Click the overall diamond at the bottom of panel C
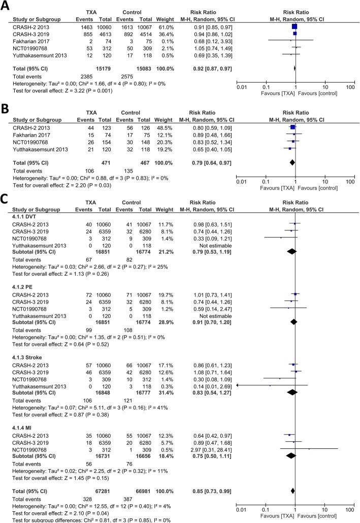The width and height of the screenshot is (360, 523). point(293,491)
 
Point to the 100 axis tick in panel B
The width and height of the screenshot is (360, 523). point(350,181)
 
